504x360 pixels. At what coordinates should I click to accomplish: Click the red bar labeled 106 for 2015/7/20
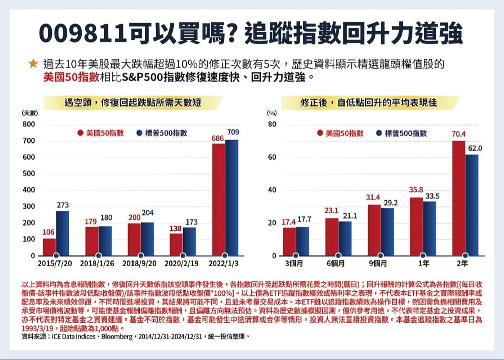[x=49, y=247]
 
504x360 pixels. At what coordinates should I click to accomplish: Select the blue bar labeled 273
[x=63, y=233]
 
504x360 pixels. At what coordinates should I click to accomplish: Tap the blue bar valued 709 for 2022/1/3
[x=231, y=197]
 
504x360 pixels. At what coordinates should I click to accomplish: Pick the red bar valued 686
[x=218, y=200]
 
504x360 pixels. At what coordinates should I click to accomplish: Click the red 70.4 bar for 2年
[x=459, y=198]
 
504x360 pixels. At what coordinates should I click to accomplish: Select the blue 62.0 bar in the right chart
[x=472, y=205]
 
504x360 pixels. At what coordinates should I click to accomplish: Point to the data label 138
[x=176, y=229]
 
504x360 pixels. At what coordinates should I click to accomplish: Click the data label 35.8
[x=416, y=190]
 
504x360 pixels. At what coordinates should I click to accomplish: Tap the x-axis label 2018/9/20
[x=140, y=264]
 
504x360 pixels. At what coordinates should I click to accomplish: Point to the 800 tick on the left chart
[x=29, y=125]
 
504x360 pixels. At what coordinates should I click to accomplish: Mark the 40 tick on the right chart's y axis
[x=272, y=190]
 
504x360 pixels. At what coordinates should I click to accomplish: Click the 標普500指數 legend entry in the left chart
[x=162, y=133]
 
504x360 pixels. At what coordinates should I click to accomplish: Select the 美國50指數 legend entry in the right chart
[x=341, y=133]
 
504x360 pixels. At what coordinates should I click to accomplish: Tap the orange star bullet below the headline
[x=33, y=65]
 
